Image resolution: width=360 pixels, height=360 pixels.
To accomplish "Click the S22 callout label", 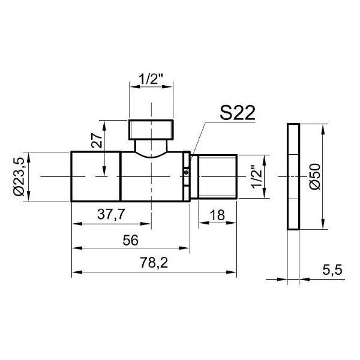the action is [x=238, y=113].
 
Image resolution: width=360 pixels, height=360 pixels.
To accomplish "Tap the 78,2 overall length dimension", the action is [x=154, y=263].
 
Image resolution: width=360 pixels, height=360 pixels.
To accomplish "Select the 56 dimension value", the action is [x=130, y=241].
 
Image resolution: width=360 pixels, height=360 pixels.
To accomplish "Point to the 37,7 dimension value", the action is [x=111, y=214].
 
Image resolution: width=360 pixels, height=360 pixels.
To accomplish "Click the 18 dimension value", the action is [x=217, y=215].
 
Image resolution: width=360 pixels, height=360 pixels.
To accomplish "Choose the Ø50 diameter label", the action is [x=314, y=176].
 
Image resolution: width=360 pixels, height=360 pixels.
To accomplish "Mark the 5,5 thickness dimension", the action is [x=332, y=270].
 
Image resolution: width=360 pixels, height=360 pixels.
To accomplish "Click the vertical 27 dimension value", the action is [x=97, y=140].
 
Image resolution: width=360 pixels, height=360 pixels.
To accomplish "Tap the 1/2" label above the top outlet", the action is [x=151, y=79].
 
